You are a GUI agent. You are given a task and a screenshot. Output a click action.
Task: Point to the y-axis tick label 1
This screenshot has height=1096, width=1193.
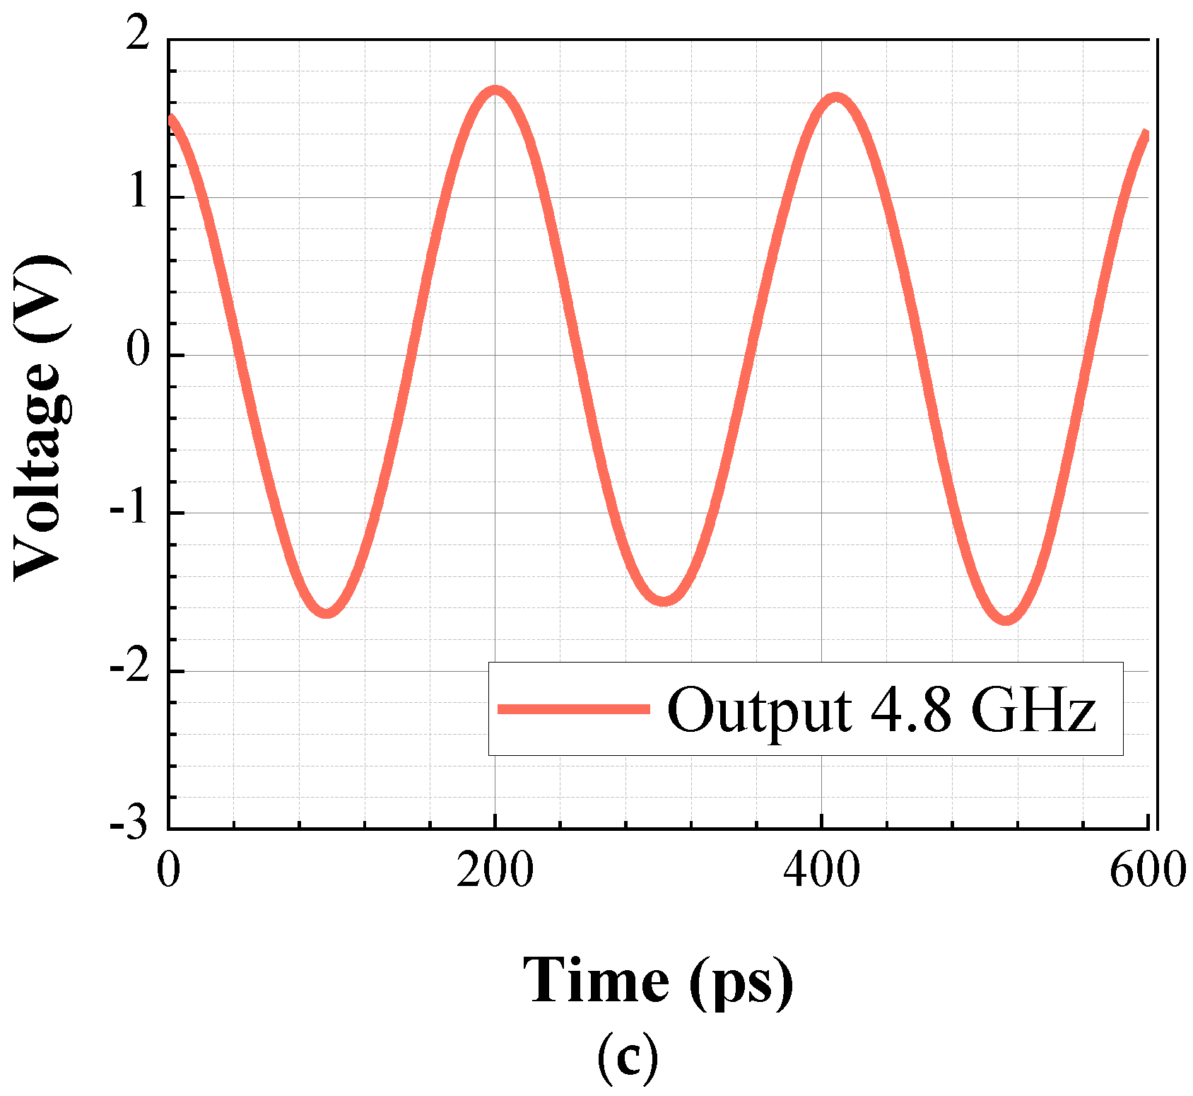tap(139, 193)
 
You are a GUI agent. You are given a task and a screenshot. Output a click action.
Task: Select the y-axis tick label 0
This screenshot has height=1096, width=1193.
tap(139, 351)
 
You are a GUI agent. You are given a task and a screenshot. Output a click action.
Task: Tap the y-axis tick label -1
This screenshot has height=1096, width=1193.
tap(130, 509)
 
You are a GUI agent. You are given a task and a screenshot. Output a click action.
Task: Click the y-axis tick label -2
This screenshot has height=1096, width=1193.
tap(130, 667)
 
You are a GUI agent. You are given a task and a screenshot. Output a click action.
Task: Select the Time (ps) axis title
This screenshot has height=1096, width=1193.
tap(658, 981)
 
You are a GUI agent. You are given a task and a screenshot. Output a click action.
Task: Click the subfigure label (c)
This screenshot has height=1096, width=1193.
tap(628, 1058)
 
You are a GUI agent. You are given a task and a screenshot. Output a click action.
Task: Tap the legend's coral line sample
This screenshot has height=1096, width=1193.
tap(573, 709)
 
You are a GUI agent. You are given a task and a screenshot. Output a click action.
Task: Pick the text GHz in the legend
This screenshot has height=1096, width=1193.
tap(1033, 709)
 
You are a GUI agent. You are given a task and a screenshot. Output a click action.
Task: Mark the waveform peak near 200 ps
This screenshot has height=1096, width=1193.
tap(495, 91)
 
